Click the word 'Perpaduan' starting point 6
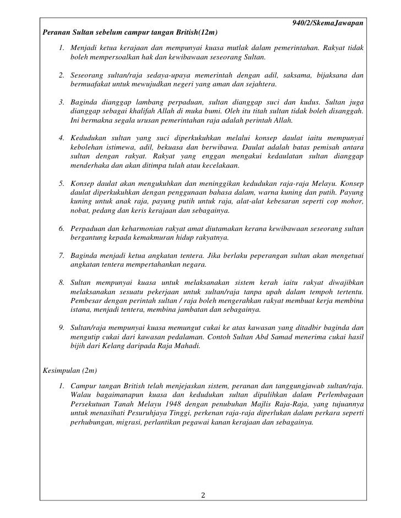point(90,228)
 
